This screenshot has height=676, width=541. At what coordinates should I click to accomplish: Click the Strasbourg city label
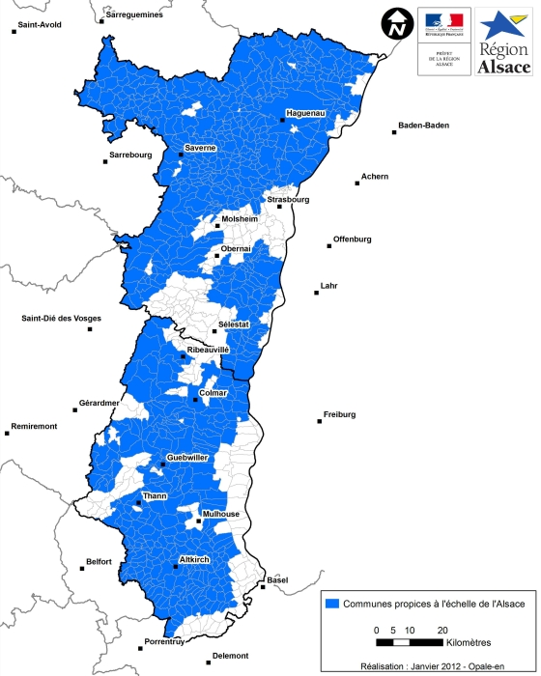288,199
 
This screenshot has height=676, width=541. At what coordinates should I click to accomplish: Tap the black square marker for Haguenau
282,121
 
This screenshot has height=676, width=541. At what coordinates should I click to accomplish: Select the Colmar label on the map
213,392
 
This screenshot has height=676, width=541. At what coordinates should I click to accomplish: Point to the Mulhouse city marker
199,522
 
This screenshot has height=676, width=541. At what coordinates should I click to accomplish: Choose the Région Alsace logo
504,42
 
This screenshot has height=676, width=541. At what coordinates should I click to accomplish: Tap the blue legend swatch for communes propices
334,603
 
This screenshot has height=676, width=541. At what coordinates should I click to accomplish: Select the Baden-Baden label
422,126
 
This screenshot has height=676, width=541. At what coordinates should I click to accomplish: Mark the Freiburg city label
338,414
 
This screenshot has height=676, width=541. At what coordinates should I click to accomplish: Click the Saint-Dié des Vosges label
61,318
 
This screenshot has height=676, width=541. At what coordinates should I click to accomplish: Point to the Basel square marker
263,586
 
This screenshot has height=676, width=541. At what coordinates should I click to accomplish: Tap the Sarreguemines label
135,15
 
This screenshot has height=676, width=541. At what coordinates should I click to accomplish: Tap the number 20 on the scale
442,630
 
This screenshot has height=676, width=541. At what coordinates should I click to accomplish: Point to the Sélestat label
235,324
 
